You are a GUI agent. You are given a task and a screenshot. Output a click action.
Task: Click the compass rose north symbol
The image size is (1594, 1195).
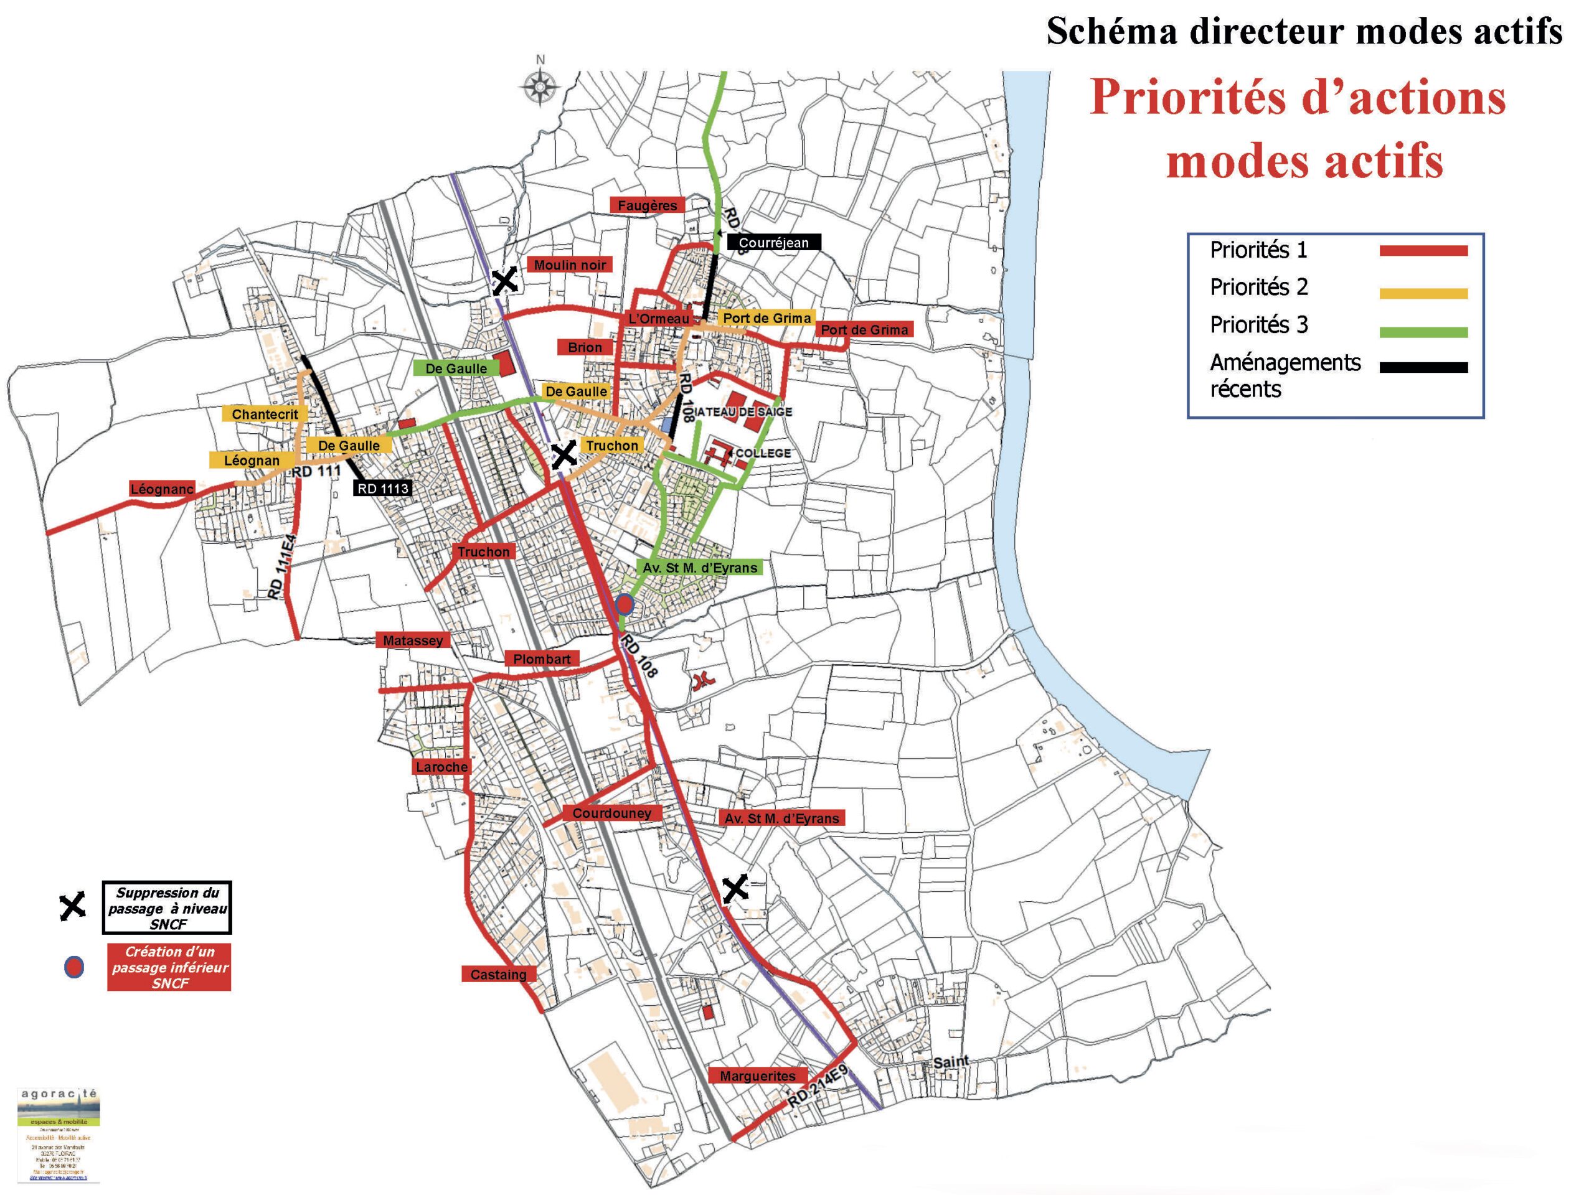click(x=540, y=87)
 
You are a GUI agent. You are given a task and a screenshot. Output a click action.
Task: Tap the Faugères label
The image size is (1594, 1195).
click(x=647, y=205)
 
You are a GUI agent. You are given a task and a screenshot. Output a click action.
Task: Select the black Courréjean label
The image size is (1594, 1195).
click(x=773, y=243)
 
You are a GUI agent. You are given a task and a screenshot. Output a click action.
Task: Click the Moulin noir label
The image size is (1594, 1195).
click(x=569, y=265)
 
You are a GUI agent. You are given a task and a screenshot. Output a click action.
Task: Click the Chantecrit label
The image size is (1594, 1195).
click(x=265, y=414)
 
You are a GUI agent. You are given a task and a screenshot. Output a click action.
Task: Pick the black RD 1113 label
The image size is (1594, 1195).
click(x=383, y=489)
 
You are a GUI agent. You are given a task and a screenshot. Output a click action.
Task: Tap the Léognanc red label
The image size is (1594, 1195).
click(x=162, y=489)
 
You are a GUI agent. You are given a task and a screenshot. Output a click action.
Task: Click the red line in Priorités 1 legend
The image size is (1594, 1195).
click(x=1423, y=251)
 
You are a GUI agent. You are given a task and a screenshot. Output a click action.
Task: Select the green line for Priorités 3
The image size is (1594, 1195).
click(x=1423, y=332)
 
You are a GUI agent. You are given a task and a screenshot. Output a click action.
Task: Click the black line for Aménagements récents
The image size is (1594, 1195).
click(x=1423, y=367)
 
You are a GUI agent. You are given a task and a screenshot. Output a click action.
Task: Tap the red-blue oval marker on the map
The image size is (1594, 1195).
click(x=625, y=604)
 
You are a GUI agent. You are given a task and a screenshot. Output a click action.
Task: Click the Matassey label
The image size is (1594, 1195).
click(x=413, y=640)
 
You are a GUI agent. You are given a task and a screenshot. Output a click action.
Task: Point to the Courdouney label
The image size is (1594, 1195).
click(x=612, y=813)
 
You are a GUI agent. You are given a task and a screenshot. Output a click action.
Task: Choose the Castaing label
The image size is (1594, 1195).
click(x=498, y=975)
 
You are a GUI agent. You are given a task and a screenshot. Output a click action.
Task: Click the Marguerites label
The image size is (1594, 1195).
click(x=757, y=1076)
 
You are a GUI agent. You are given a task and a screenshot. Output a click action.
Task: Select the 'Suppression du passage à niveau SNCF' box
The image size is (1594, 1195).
click(x=167, y=907)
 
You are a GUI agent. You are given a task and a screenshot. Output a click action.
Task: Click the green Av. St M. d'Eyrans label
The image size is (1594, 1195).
click(x=700, y=568)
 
